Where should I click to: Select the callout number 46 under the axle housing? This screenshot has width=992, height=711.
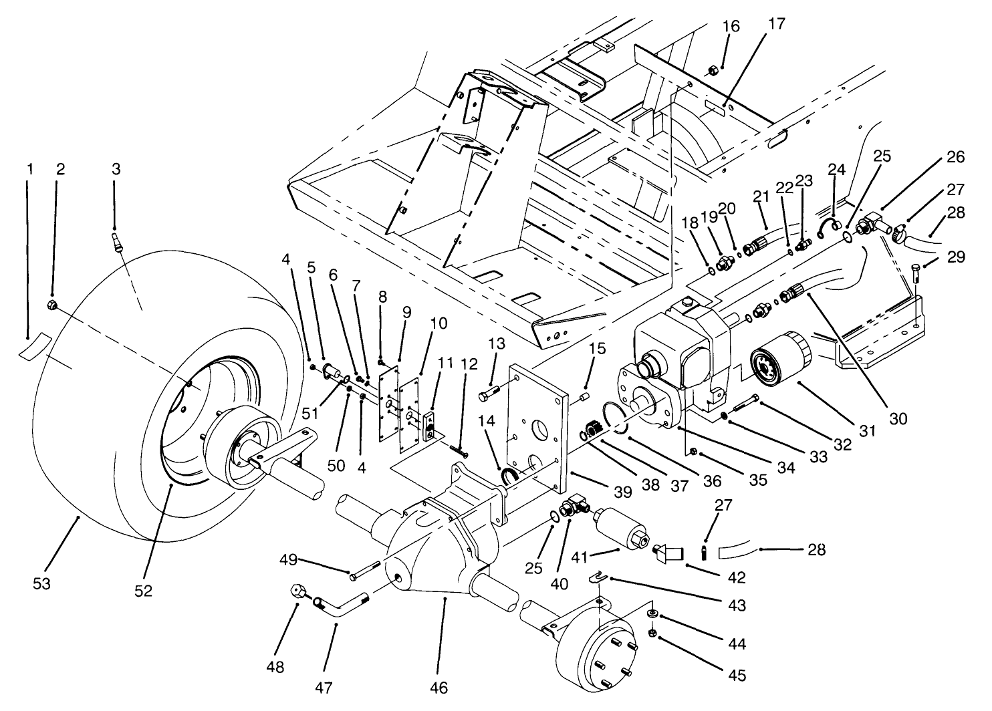438,687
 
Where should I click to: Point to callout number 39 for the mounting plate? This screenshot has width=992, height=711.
622,492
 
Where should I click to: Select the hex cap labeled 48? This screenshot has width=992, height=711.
299,592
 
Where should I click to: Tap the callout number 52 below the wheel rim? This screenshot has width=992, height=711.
144,591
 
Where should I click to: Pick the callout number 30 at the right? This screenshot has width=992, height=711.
898,419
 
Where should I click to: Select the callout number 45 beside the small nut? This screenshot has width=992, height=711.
737,676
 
